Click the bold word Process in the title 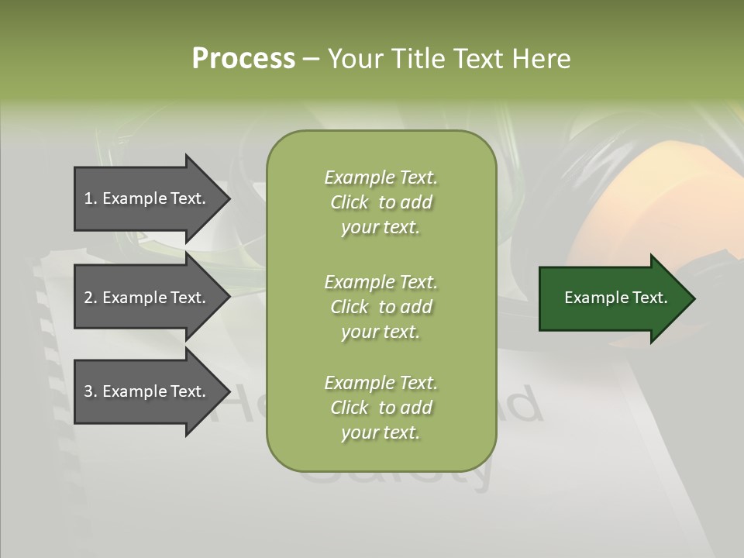[243, 59]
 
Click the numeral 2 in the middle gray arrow [88, 298]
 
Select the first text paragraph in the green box [381, 202]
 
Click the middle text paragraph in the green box [381, 306]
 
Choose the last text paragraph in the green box [381, 408]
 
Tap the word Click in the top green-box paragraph [350, 202]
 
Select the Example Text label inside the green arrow [615, 298]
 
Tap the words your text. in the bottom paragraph [381, 432]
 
